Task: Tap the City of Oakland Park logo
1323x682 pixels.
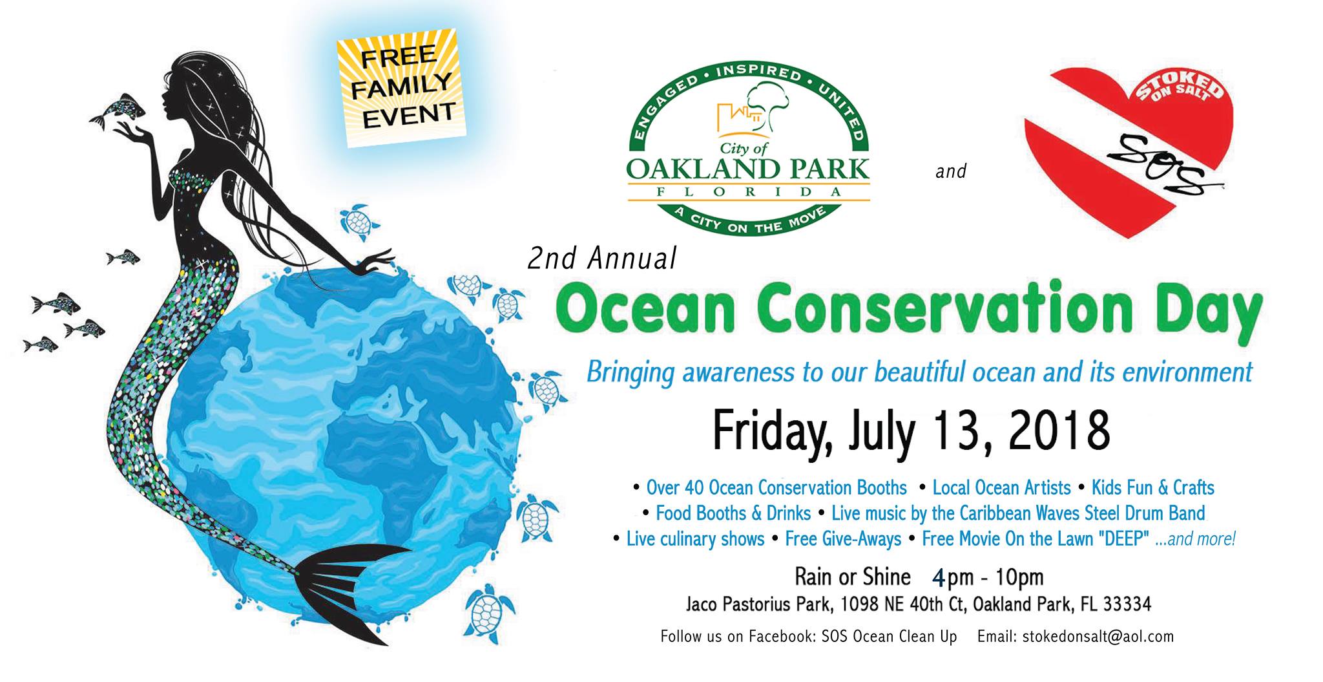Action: point(748,149)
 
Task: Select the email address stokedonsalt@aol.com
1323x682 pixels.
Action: point(1089,636)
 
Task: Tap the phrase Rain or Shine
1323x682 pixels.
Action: point(853,576)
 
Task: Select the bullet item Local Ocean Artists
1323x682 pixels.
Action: point(1001,487)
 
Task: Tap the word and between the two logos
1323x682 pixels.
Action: point(951,171)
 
